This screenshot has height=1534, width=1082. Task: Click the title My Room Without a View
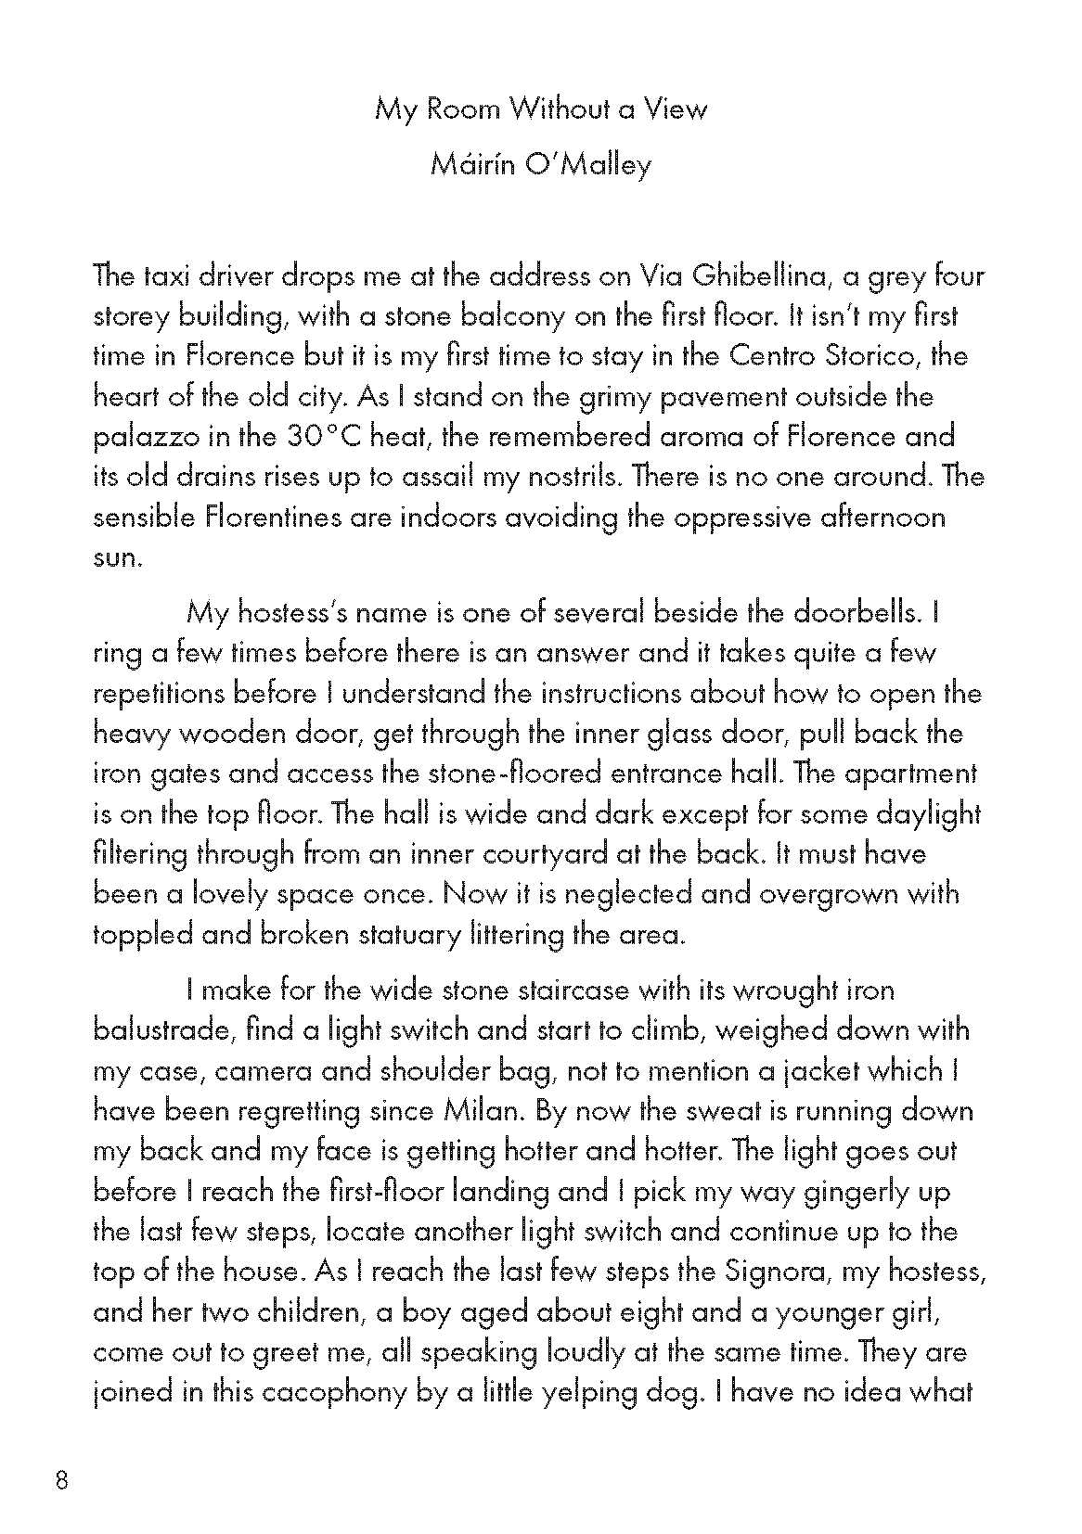540,110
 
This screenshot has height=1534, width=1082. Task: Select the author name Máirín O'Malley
540,166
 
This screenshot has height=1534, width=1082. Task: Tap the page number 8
62,1480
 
